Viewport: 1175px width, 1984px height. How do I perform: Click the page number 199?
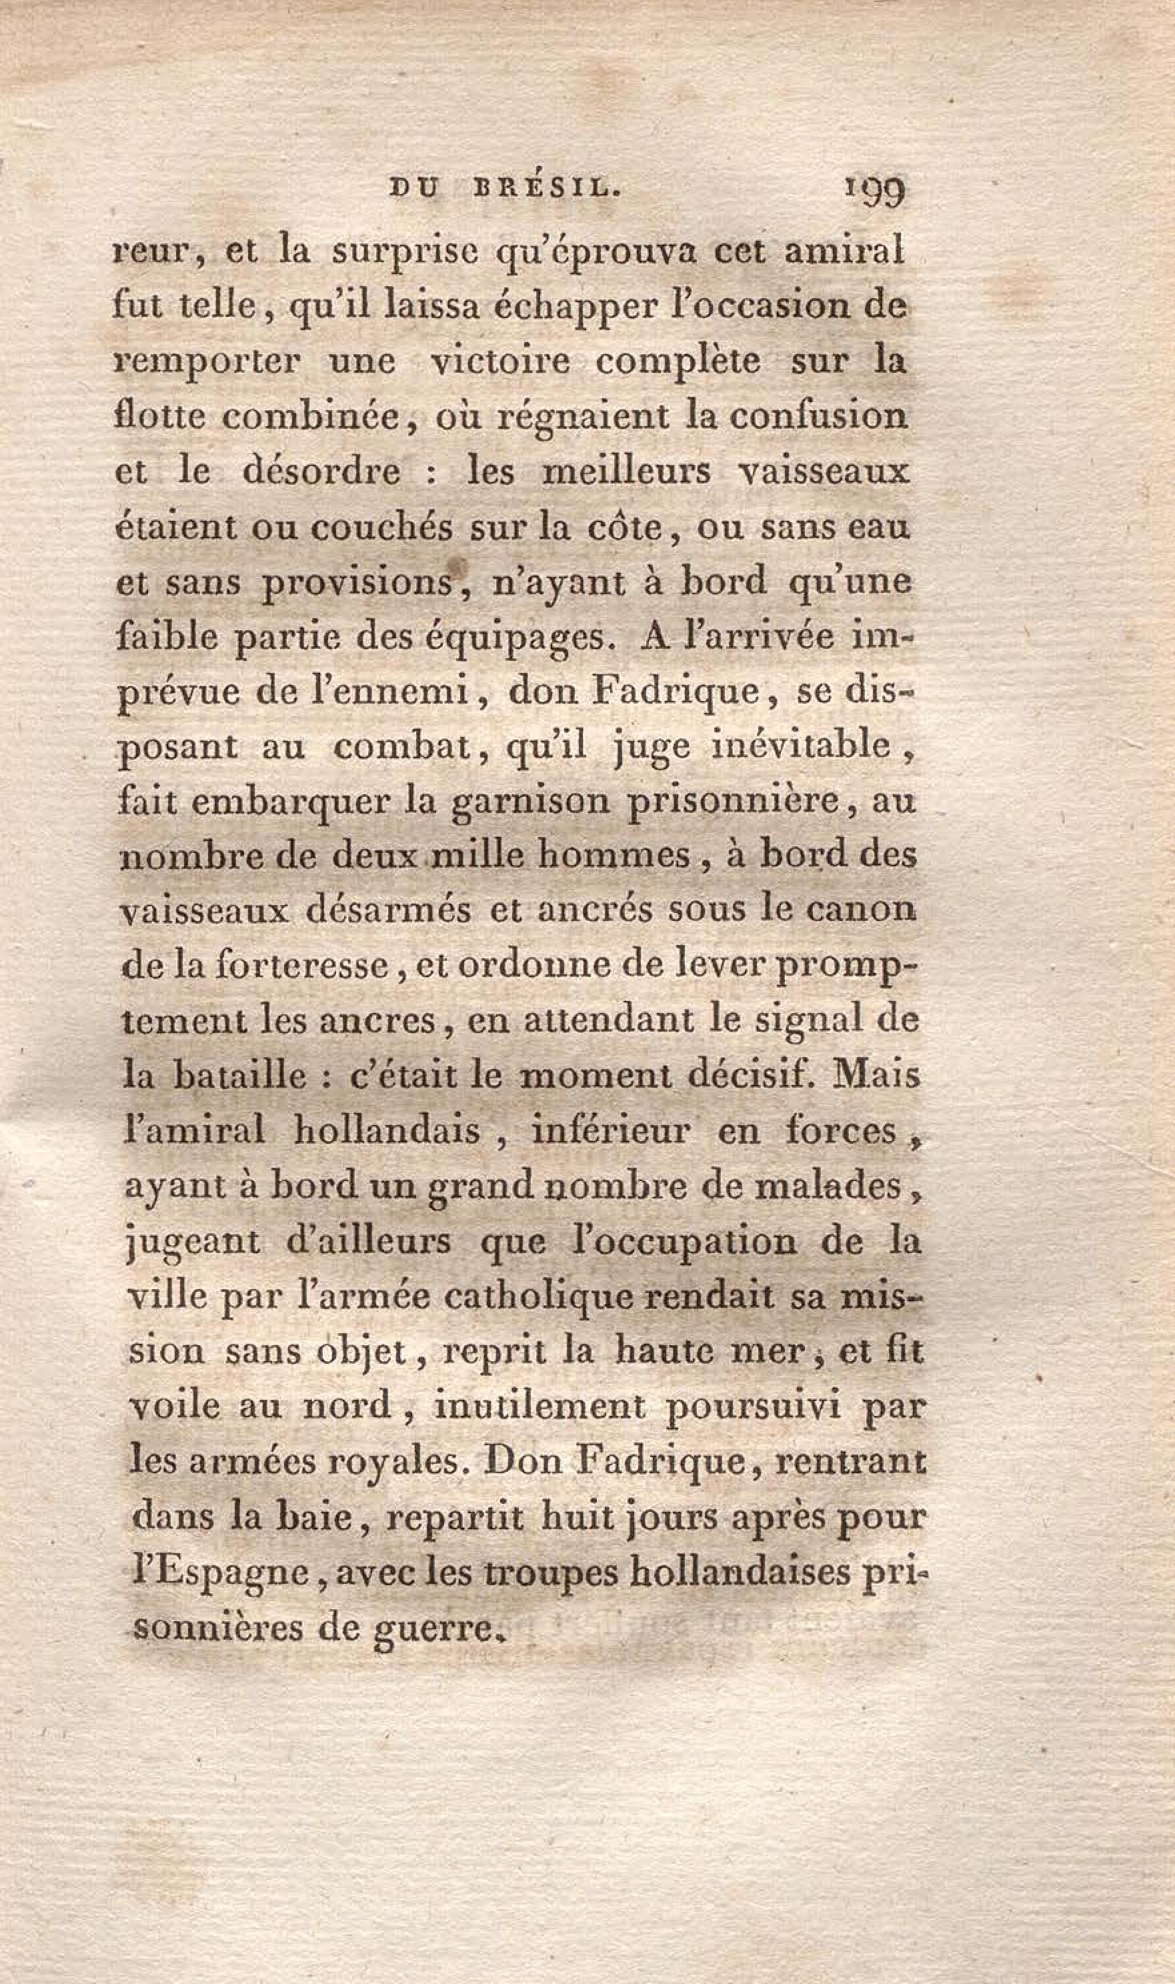(875, 191)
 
